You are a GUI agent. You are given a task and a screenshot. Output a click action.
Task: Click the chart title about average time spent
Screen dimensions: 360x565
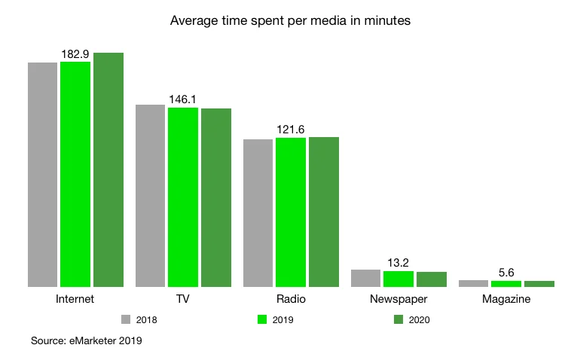(x=290, y=21)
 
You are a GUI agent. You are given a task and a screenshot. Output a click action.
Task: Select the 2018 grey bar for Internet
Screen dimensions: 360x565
(x=42, y=174)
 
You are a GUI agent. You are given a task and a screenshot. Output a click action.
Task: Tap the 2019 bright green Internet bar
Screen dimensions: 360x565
(x=75, y=174)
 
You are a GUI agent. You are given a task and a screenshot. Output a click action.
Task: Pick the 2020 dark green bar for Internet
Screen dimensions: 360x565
(x=108, y=169)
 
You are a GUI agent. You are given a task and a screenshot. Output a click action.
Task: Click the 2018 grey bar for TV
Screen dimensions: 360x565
(x=150, y=196)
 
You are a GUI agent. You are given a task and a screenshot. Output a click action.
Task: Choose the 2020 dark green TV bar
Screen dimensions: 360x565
(x=216, y=197)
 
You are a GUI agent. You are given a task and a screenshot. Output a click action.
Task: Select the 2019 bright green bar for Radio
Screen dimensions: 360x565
(x=291, y=212)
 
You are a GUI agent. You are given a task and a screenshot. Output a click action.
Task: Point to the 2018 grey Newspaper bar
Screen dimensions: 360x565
(x=365, y=278)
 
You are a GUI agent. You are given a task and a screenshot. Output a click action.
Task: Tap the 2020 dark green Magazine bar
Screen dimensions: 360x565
(x=539, y=284)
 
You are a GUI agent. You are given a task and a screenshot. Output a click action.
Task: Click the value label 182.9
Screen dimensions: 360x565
(x=75, y=54)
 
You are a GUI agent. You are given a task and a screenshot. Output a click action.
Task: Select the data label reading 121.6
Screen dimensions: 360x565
(x=291, y=130)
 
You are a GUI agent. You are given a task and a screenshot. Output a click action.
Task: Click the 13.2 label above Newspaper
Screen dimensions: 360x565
(x=399, y=263)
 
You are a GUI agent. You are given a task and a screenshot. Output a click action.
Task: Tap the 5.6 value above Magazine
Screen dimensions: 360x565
(x=506, y=273)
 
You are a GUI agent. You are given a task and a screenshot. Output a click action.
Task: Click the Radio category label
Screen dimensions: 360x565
(x=291, y=299)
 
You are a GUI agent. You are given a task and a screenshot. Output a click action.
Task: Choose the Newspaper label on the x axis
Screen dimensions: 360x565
(x=399, y=299)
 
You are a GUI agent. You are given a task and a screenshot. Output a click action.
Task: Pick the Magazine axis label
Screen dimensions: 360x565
(x=506, y=299)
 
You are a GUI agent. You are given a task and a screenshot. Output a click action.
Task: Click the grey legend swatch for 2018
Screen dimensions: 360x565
(x=127, y=319)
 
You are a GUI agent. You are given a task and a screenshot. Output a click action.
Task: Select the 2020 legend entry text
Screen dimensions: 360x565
(x=420, y=319)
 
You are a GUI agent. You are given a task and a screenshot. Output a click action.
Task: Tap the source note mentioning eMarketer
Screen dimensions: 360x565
(x=86, y=341)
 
